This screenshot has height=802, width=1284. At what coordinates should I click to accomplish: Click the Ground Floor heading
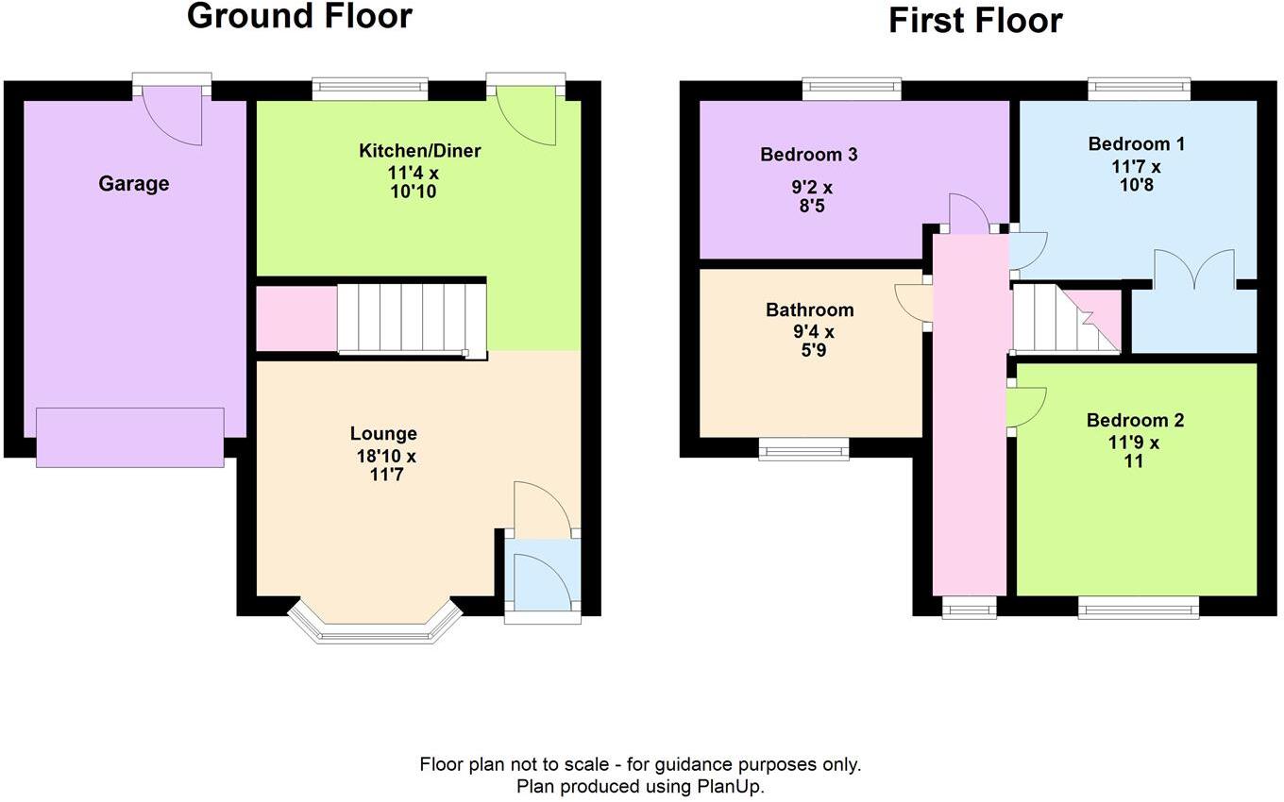pos(299,16)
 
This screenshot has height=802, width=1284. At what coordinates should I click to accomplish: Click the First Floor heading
pos(974,20)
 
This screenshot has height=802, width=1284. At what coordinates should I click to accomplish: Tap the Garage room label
pos(134,184)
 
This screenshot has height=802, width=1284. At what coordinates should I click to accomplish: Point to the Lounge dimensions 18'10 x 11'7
pos(383,466)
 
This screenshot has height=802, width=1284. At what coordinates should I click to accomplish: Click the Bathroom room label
pos(809,309)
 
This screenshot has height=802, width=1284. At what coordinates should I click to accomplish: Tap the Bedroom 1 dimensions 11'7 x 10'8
pos(1136,175)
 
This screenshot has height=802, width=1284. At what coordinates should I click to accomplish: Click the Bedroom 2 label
pos(1134,421)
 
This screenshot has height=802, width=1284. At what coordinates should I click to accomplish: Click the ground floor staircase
pos(412,318)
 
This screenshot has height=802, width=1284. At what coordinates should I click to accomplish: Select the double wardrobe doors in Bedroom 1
pos(1193,270)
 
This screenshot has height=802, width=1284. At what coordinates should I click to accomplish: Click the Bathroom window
pos(803,450)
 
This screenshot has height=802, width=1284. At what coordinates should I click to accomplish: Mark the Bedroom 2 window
pos(1139,608)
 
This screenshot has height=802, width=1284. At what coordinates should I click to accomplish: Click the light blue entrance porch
pos(542,576)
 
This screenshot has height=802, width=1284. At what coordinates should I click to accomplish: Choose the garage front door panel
pos(130,437)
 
